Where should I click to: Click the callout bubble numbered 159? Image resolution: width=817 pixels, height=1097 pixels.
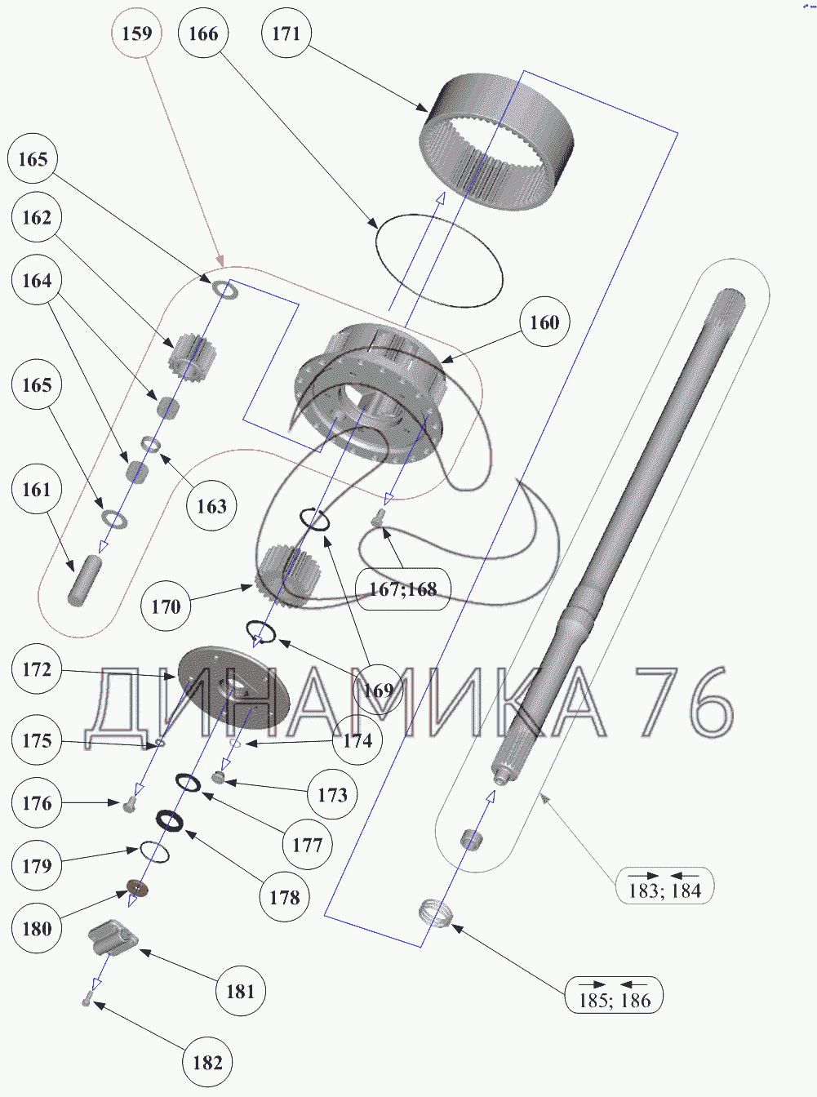[x=137, y=33]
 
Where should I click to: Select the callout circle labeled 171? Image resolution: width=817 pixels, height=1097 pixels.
[x=286, y=33]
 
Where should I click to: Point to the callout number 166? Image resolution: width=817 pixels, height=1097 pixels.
[x=203, y=33]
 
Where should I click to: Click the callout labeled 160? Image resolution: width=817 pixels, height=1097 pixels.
[x=544, y=322]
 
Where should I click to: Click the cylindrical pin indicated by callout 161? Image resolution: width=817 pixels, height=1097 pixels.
[x=82, y=579]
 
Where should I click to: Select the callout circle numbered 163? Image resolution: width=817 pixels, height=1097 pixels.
[x=211, y=506]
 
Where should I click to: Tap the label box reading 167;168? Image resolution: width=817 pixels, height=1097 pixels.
[x=403, y=589]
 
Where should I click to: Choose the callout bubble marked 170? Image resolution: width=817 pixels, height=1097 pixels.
[x=166, y=606]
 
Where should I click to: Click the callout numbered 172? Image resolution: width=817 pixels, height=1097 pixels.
[x=37, y=670]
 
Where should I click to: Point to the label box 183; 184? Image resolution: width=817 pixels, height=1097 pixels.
[x=664, y=886]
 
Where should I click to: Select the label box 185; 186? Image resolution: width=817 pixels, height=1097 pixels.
[x=614, y=996]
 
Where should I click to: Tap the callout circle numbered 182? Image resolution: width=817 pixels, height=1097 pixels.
[x=207, y=1063]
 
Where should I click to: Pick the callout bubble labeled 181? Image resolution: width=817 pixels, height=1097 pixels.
[x=240, y=991]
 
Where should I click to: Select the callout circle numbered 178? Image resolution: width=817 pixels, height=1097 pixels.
[x=284, y=898]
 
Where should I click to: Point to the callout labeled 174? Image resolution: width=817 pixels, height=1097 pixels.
[x=357, y=740]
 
